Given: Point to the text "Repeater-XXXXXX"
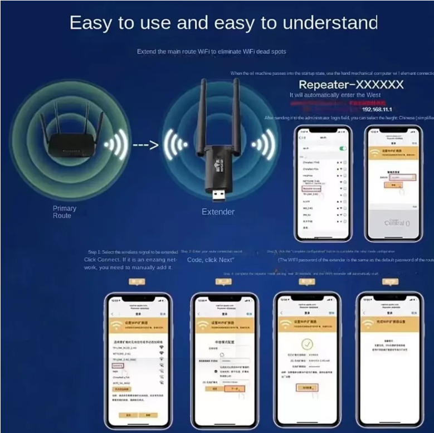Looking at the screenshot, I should (x=351, y=85).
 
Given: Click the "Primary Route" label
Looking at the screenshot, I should (x=65, y=212).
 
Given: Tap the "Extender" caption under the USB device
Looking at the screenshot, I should (x=218, y=212).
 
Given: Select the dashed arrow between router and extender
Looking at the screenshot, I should (x=145, y=145).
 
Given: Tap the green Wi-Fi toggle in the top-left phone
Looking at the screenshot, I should (x=343, y=148).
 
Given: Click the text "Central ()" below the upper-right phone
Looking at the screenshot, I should (x=397, y=223).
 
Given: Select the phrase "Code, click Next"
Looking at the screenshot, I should (x=210, y=260).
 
